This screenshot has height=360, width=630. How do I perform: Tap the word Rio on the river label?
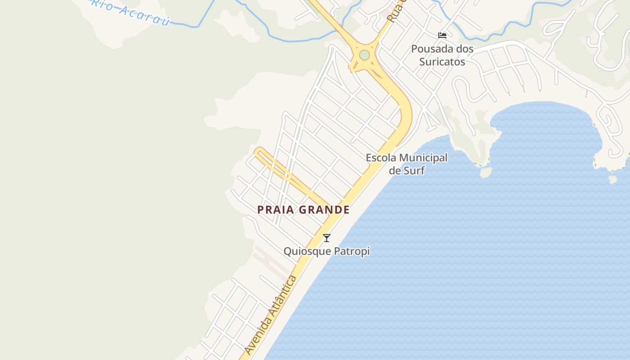[x=101, y=4]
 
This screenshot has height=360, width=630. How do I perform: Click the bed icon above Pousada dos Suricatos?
[x=442, y=36]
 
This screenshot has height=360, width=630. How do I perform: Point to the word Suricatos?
[x=442, y=62]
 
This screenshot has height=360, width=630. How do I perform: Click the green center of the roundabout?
[x=364, y=55]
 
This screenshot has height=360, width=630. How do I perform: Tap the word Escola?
[x=381, y=158]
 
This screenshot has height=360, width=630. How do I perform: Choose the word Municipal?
[x=423, y=158]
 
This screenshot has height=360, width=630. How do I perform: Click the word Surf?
[x=414, y=171]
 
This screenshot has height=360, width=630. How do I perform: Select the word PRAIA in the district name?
[x=275, y=210]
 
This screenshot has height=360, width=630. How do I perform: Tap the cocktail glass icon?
[x=327, y=238]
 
